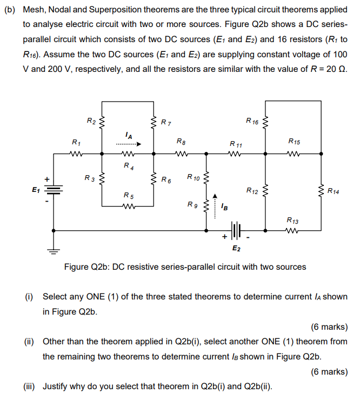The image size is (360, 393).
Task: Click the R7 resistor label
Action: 166,123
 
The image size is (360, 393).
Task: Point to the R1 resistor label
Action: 77,142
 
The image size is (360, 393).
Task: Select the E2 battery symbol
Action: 236,230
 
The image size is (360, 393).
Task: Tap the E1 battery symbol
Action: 54,190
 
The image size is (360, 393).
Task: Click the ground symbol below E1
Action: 54,250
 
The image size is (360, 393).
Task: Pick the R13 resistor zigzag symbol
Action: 293,230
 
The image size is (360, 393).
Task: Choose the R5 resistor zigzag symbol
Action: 128,205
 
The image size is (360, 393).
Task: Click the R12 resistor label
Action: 252,190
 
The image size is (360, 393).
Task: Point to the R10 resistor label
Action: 193,177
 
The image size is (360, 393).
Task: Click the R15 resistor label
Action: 295,142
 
